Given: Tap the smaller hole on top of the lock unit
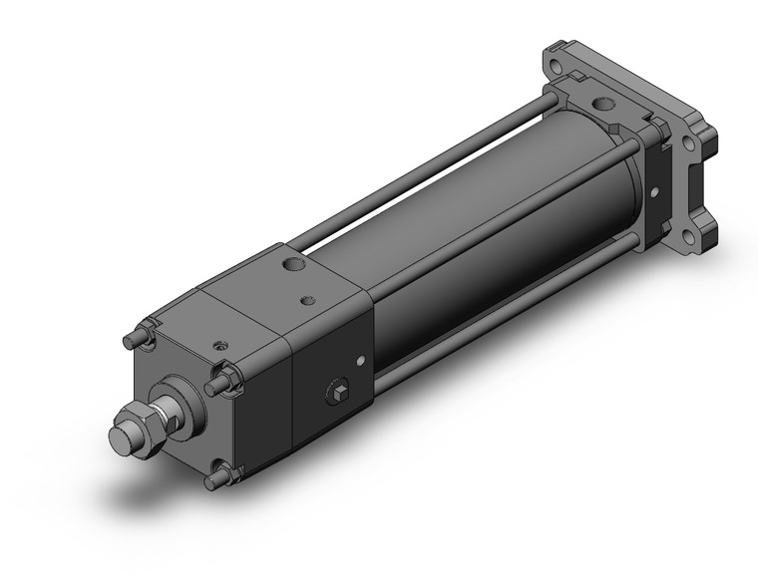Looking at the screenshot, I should pyautogui.click(x=305, y=297).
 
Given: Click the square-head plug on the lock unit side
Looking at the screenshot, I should pyautogui.click(x=337, y=391).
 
